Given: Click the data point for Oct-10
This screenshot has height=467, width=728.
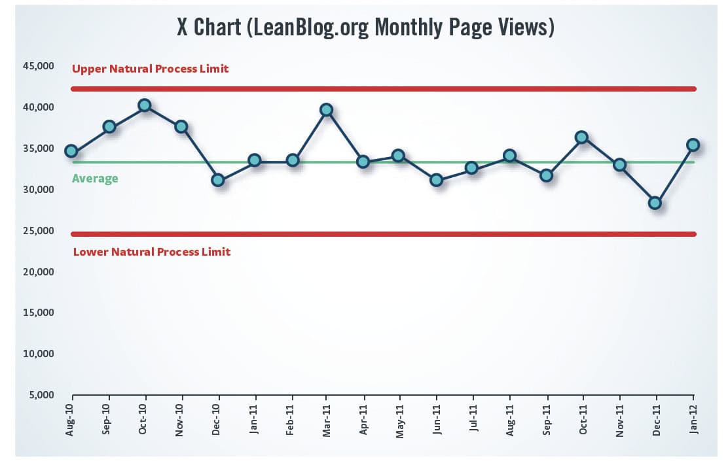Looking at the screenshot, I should (x=145, y=105).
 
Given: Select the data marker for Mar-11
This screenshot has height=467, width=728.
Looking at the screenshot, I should (x=326, y=110).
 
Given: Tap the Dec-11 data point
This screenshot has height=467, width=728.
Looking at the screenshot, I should (x=655, y=203).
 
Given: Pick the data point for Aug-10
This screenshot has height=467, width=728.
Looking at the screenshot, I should (x=71, y=151).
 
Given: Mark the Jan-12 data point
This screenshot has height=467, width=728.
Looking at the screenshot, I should (x=693, y=145).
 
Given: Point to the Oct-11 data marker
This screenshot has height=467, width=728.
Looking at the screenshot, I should (x=582, y=137).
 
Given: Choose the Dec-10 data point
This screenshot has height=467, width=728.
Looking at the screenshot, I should (x=218, y=180).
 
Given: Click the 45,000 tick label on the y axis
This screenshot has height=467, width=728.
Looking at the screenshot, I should (x=40, y=66).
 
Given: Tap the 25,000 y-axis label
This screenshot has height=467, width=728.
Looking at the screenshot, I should (x=40, y=231).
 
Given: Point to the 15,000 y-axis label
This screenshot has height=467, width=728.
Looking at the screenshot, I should (x=40, y=313).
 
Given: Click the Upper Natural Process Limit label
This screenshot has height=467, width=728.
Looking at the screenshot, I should (x=151, y=69).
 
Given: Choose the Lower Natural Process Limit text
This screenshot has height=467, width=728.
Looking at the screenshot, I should (x=151, y=252).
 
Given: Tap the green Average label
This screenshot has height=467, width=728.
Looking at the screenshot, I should (x=95, y=178).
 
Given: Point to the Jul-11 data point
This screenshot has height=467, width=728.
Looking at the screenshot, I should (x=471, y=168).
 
